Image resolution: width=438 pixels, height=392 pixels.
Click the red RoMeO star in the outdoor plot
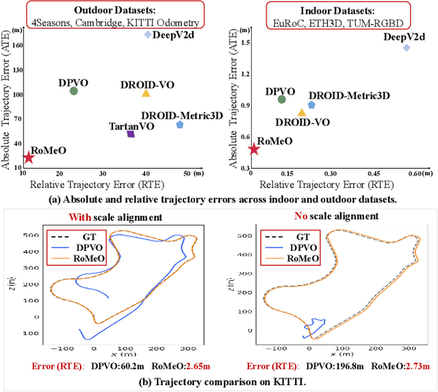tap(28, 158)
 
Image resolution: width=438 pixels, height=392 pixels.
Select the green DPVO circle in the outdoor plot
tap(74, 91)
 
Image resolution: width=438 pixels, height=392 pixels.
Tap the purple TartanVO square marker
tap(131, 134)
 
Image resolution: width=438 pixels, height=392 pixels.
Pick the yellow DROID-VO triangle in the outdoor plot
tap(146, 93)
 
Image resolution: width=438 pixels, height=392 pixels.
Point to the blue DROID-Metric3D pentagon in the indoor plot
tap(311, 105)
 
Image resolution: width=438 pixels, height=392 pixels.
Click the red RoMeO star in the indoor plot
tap(254, 149)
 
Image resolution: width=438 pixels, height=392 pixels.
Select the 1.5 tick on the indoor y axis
tap(240, 42)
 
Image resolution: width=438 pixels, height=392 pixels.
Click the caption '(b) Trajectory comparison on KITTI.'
tap(219, 382)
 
